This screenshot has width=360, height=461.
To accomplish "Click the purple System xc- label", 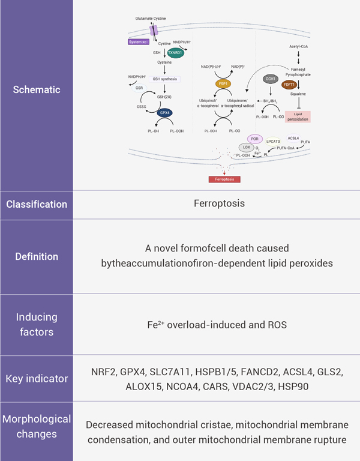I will click(139, 42).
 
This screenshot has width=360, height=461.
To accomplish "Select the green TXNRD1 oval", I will click(176, 52).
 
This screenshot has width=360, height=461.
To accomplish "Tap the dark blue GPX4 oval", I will click(165, 112).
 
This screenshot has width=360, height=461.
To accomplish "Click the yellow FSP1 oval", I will click(224, 85).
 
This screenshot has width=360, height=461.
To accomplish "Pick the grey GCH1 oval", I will click(271, 79).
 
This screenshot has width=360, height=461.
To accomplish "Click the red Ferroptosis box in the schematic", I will click(224, 179).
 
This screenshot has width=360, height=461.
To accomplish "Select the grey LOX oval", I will click(246, 147).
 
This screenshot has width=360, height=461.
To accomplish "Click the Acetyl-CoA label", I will click(299, 45).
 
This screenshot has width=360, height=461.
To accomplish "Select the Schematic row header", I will click(37, 89).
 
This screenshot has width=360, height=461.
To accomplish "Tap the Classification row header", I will click(37, 203).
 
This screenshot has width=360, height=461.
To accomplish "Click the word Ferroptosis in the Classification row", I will click(219, 203).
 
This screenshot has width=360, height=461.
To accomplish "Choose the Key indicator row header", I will click(37, 379).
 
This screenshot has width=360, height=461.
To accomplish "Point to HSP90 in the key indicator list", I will click(292, 386).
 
